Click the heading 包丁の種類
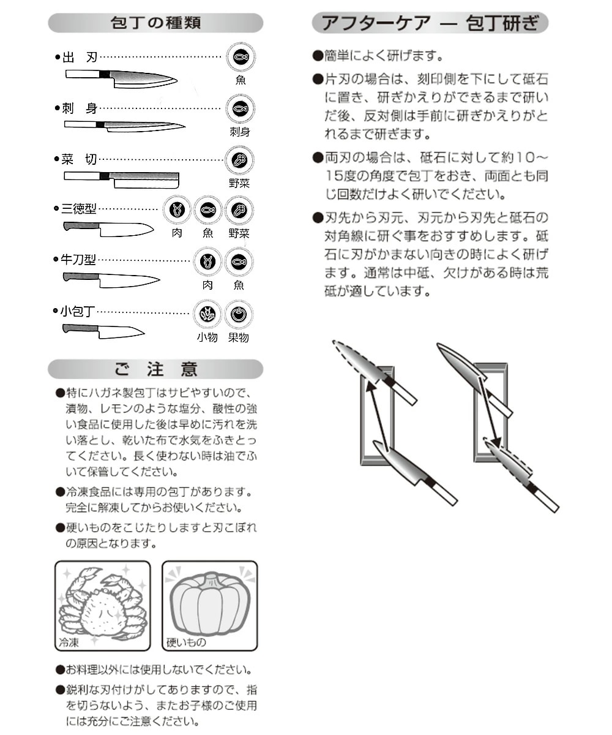pyautogui.click(x=155, y=23)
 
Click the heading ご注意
pyautogui.click(x=155, y=369)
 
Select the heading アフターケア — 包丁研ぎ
pyautogui.click(x=430, y=23)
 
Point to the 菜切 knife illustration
pyautogui.click(x=122, y=179)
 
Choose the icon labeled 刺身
pyautogui.click(x=240, y=109)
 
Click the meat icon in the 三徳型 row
pyautogui.click(x=177, y=210)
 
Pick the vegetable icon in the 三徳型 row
pyautogui.click(x=239, y=210)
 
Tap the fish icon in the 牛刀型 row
pyautogui.click(x=239, y=262)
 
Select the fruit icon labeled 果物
pyautogui.click(x=239, y=314)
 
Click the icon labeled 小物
pyautogui.click(x=207, y=314)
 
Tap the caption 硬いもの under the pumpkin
pyautogui.click(x=186, y=643)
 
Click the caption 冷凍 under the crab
pyautogui.click(x=68, y=643)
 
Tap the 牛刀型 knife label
pyautogui.click(x=78, y=260)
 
